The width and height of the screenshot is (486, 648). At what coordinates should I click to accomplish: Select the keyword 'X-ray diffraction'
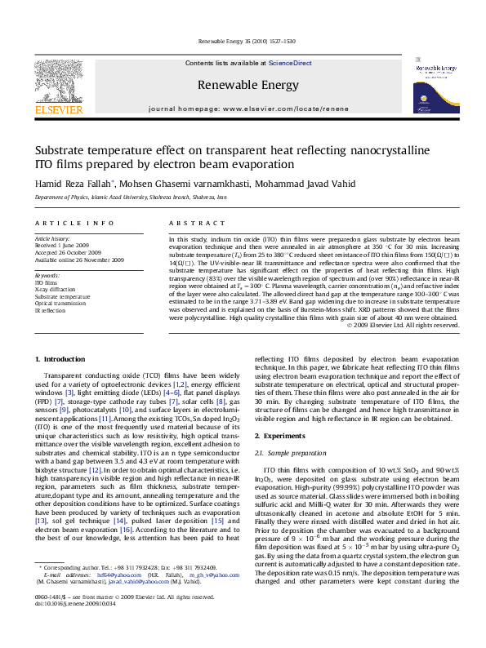point(54,290)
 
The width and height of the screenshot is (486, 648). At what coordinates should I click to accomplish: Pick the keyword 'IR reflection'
point(49,311)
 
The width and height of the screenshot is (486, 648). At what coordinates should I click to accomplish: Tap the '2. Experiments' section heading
point(281,437)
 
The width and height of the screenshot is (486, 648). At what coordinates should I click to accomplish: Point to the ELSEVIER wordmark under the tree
point(58,109)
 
